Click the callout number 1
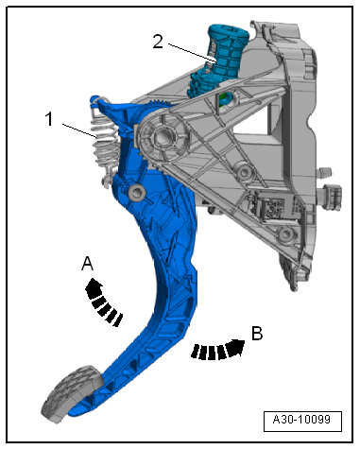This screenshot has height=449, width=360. (49, 119)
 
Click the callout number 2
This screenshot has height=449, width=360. (158, 42)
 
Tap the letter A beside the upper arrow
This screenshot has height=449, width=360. (87, 264)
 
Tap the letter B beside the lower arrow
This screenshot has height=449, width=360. (257, 333)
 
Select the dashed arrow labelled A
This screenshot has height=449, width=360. (102, 302)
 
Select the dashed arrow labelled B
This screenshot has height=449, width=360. (218, 350)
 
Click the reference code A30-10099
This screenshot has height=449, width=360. (301, 420)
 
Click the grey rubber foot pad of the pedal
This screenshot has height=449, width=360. (73, 393)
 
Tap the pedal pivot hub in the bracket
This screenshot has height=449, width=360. (162, 137)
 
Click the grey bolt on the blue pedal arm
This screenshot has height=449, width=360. (137, 191)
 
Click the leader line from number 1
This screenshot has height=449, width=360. (79, 130)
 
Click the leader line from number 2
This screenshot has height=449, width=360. (192, 53)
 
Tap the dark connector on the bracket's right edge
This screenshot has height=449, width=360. (333, 196)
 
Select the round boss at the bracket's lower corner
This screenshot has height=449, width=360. (285, 234)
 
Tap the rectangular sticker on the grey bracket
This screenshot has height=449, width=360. (273, 207)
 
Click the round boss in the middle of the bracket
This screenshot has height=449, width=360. (243, 172)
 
